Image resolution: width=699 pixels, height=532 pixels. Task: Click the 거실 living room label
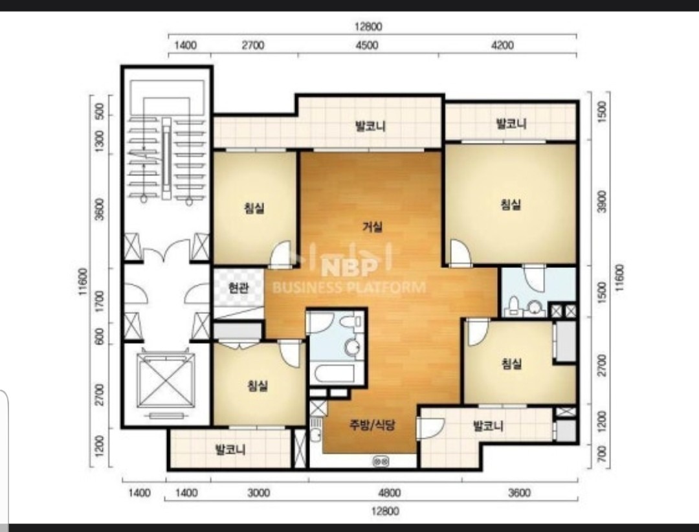coord(372,227)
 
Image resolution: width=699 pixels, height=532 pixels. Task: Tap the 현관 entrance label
coord(238,288)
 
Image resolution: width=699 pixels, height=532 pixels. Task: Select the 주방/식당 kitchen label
coord(372,425)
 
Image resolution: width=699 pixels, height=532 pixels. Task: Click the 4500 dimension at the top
coord(367,45)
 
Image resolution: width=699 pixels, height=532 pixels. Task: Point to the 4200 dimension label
coord(502,45)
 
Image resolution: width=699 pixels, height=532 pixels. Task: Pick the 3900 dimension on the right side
coord(602,201)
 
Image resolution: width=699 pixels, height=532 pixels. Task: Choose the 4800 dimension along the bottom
coord(389,493)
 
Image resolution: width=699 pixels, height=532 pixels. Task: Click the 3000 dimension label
coord(258,493)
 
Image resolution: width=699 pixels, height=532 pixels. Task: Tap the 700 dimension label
coord(602,455)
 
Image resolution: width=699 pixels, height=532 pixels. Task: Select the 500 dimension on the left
coord(100,111)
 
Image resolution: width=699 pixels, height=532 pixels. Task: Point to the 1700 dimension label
coord(100,302)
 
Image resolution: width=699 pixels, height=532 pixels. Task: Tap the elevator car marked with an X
coord(166,380)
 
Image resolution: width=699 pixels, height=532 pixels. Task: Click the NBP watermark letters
coord(349,267)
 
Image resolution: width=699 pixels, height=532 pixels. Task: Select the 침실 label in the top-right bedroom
coord(511,205)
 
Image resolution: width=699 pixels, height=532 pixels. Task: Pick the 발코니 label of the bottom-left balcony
coord(230,449)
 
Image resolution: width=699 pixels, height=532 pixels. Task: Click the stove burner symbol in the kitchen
coord(381,461)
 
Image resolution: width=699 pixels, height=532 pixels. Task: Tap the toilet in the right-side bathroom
coord(514,306)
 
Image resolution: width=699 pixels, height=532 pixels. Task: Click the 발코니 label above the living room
coord(370,126)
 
